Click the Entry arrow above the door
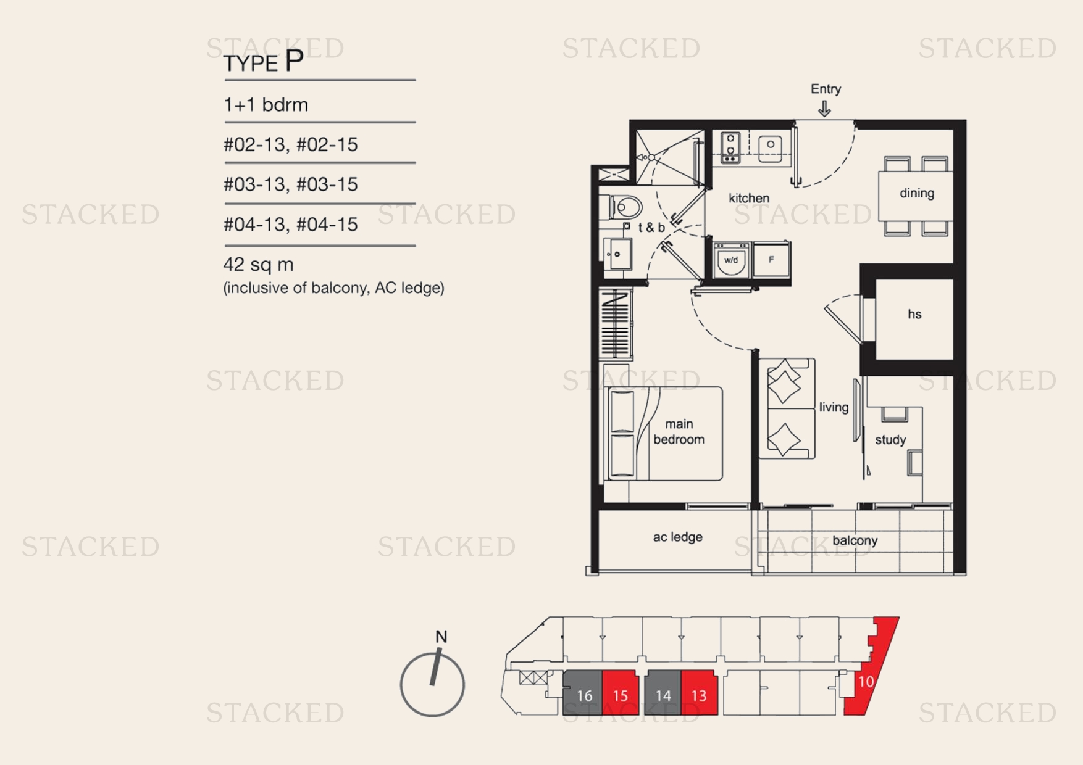824,109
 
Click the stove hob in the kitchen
730,148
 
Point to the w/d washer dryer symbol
732,260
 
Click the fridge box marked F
771,260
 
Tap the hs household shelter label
914,315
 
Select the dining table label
916,193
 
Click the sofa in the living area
786,408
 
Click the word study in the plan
890,440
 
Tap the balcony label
855,541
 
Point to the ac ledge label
677,537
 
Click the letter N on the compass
441,637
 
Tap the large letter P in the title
294,61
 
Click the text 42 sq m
258,265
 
